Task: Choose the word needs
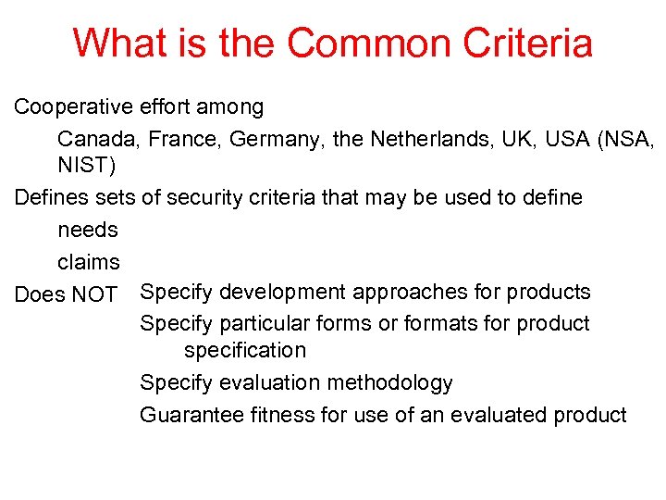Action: click(x=88, y=230)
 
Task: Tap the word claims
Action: click(x=89, y=262)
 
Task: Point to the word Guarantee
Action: click(x=191, y=415)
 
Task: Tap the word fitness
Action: click(x=281, y=415)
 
